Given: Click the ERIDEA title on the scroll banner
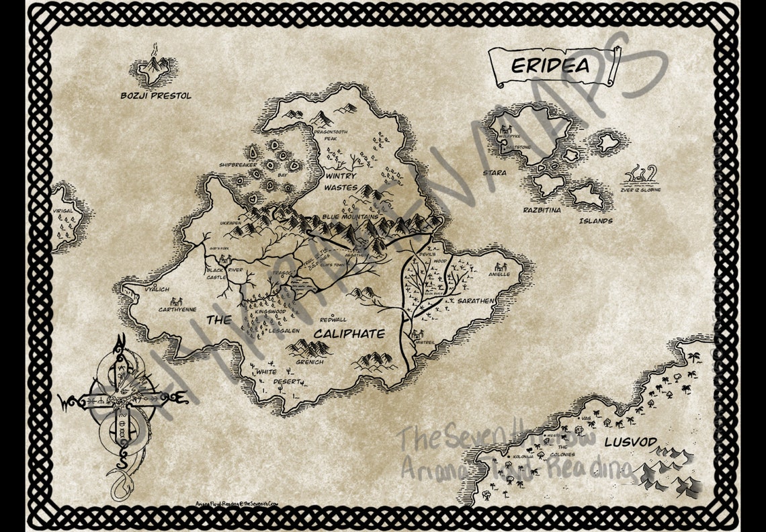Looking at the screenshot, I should point(550,66).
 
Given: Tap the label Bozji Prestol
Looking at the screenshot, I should point(156,96).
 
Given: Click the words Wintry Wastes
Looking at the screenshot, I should point(341,181).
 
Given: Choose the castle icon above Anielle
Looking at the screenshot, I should point(500,266).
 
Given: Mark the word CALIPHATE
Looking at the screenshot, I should point(349,334).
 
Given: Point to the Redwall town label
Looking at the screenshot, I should point(333,320).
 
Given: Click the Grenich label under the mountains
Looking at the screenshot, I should point(310,362).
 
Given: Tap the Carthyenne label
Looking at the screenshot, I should point(177,310).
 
